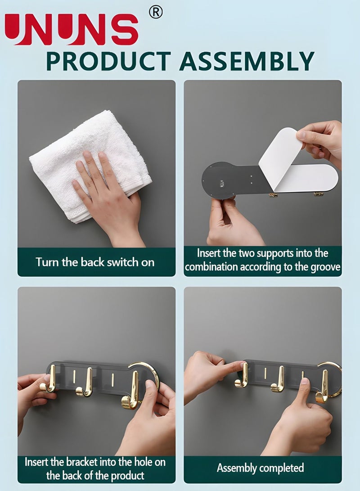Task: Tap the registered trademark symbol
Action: point(156,13)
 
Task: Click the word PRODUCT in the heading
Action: point(108,61)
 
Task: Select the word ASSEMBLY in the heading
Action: point(247,61)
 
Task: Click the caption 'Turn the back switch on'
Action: point(95,262)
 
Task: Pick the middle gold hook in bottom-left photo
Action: point(85,383)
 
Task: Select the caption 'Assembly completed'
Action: point(261,468)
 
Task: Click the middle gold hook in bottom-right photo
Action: point(278,379)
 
